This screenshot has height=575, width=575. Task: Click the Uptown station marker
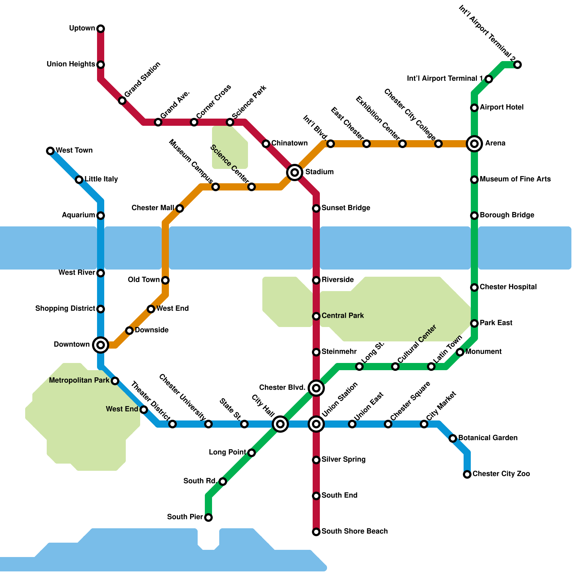[101, 29]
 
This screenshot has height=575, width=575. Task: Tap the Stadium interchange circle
[295, 172]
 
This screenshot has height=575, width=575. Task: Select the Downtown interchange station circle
[101, 345]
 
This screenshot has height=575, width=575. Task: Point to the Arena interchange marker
[474, 144]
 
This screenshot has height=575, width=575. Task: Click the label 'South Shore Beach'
[354, 531]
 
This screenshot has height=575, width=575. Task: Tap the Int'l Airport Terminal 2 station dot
[517, 65]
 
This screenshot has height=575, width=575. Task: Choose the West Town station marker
[50, 151]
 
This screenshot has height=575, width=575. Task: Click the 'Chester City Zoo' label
[501, 474]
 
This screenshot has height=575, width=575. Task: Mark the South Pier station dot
[208, 517]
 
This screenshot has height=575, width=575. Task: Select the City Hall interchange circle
[280, 424]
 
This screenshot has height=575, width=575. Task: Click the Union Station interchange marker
[316, 424]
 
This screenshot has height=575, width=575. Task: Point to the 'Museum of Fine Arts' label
[515, 179]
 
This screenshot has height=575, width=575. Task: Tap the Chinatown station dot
[266, 144]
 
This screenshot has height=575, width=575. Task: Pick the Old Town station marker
[165, 280]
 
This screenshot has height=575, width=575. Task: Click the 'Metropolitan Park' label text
[79, 380]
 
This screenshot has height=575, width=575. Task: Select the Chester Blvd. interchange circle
[316, 388]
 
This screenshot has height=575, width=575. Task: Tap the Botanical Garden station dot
[453, 438]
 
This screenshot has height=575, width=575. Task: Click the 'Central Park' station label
[342, 316]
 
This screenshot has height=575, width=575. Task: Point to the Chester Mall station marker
[180, 208]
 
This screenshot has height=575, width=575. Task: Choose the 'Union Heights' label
[71, 64]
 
